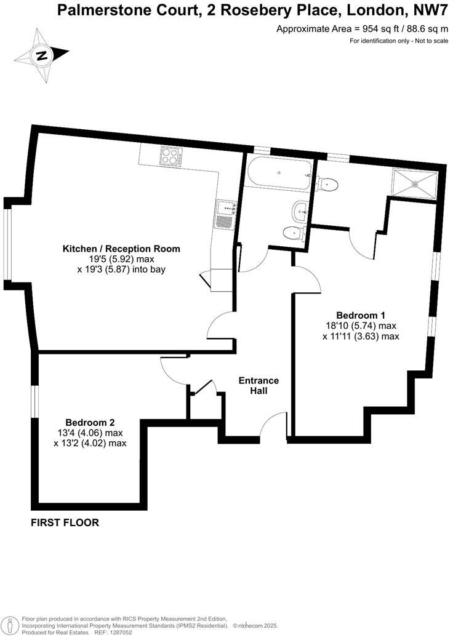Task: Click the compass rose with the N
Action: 42,55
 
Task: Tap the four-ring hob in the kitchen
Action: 170,156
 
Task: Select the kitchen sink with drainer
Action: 225,215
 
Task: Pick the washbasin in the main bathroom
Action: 300,211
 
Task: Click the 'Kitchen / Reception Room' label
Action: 121,249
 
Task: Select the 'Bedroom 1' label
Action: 361,315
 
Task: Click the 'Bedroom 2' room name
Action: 90,422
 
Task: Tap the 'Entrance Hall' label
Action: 259,385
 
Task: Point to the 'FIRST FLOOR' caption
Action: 65,523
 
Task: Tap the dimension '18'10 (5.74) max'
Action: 361,326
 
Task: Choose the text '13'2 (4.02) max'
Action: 90,442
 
